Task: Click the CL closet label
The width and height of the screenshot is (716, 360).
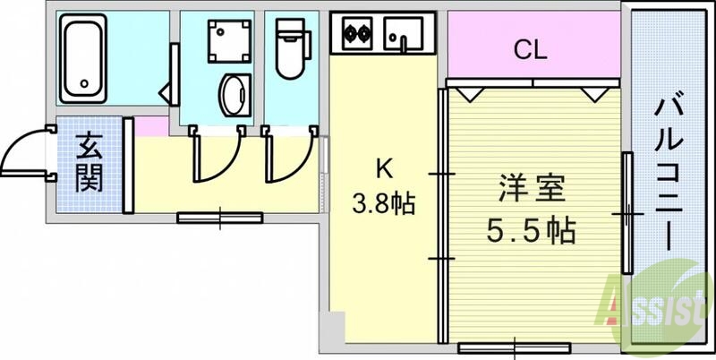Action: (530, 50)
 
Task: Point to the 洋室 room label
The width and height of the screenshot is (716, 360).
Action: (531, 190)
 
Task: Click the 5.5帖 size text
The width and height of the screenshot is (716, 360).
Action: (531, 231)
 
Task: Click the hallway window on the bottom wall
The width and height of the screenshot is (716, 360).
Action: (219, 217)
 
